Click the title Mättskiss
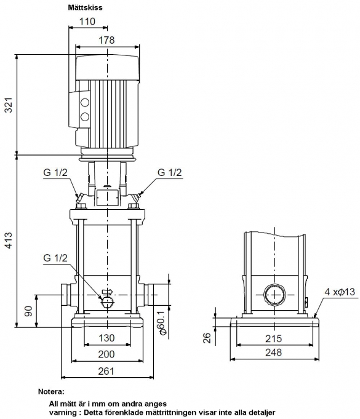[x=85, y=7]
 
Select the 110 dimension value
[x=87, y=22]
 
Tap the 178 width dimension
[x=106, y=40]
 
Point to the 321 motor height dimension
[x=9, y=105]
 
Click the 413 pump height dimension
[x=9, y=241]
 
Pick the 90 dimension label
[x=28, y=311]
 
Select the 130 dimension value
[x=106, y=338]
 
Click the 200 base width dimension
[x=106, y=354]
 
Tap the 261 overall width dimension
[x=106, y=371]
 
